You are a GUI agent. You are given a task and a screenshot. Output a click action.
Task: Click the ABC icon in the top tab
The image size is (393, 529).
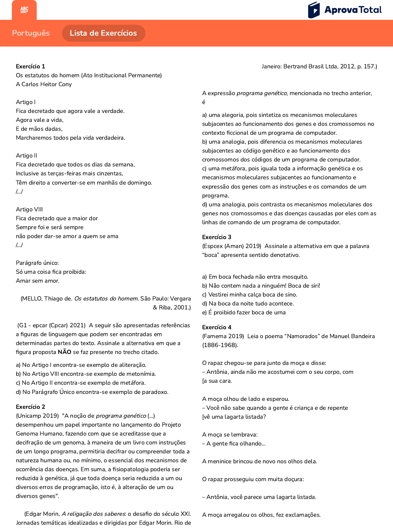(x=24, y=10)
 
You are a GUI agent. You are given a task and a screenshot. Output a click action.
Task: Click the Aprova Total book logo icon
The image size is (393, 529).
(x=314, y=10)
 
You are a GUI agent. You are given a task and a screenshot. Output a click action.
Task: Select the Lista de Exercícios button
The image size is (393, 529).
(x=103, y=33)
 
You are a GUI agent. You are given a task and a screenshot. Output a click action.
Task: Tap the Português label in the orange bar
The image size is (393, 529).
(x=31, y=33)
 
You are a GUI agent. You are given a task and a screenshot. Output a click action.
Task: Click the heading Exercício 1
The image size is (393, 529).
(x=30, y=66)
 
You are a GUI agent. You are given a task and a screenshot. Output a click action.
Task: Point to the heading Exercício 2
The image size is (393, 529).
(x=30, y=407)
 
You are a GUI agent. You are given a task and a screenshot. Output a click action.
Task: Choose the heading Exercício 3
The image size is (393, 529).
(x=217, y=237)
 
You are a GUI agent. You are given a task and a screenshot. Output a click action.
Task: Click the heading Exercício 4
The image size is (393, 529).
(x=217, y=327)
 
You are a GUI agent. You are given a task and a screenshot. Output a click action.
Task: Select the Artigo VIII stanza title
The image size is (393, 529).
(x=29, y=209)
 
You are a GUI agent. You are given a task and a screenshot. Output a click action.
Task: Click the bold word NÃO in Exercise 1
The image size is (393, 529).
(x=64, y=352)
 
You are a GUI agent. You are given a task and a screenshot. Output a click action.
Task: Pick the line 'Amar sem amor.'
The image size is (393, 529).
(x=38, y=281)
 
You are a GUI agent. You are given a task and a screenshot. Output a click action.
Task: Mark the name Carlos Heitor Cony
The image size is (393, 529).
(x=47, y=84)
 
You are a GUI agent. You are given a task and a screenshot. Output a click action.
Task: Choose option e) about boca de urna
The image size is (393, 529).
(x=244, y=312)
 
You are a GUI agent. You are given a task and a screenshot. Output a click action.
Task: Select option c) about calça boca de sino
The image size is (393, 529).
(x=250, y=295)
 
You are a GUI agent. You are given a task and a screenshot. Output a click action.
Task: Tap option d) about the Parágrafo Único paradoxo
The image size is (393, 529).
(x=92, y=392)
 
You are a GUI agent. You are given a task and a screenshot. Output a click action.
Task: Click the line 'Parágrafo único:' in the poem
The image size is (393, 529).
(x=37, y=263)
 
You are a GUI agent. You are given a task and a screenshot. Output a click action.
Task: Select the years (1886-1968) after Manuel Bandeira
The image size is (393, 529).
(x=220, y=345)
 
